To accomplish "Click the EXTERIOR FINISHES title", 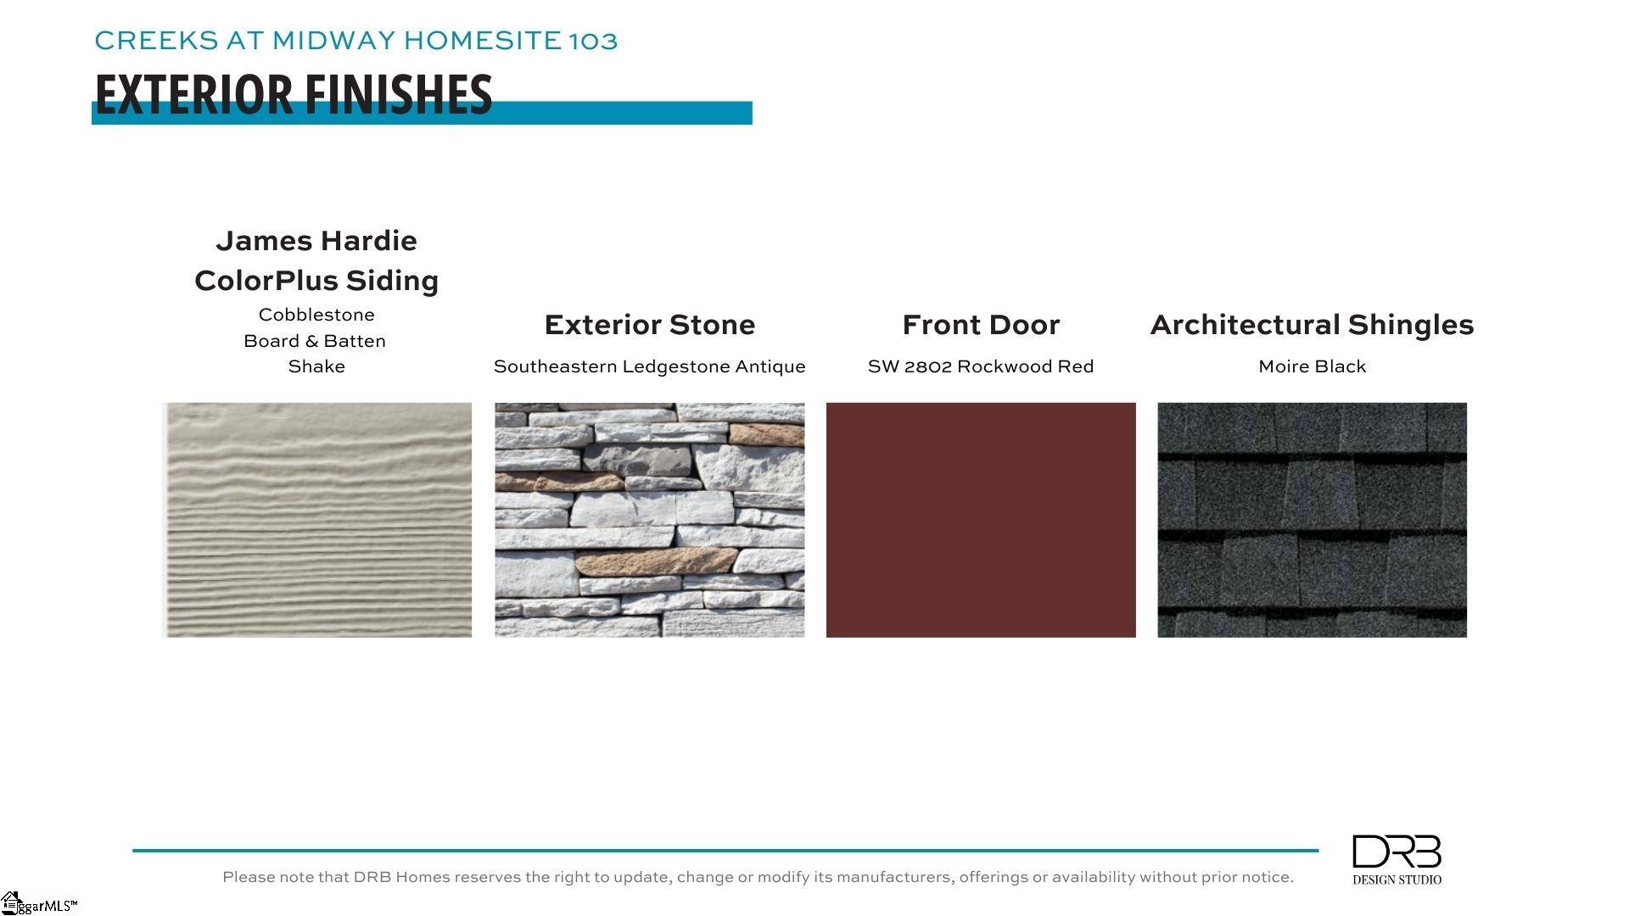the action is coord(294,94).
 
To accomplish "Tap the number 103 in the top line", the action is coord(593,41).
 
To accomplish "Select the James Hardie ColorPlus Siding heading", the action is coord(316,260).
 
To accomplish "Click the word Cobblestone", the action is coord(316,315).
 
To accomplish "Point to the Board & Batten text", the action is coord(315,341).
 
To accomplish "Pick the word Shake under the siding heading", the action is coord(316,366).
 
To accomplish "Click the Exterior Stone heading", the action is coord(650,325).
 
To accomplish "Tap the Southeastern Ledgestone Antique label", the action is coord(650,366).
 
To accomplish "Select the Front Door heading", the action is coord(981,325).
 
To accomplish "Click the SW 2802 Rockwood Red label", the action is coord(981,366).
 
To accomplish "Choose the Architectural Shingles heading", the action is coord(1312,325).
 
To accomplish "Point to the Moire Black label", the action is coord(1313,366).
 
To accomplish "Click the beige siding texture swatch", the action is coord(316,520).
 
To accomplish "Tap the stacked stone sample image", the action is coord(650,520).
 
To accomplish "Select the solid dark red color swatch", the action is coord(981,520).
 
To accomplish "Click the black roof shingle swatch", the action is coord(1312,520).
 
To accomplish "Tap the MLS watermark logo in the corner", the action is coord(38,903).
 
